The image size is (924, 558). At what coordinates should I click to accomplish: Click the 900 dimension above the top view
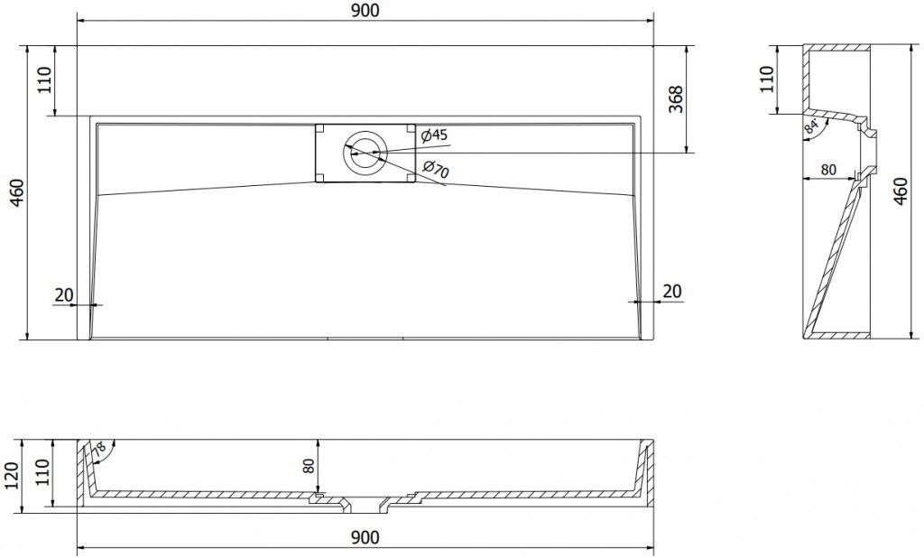365,11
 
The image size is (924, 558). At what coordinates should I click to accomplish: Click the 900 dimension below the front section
365,537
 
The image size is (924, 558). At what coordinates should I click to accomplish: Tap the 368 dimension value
677,99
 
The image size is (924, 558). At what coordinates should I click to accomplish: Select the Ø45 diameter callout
435,135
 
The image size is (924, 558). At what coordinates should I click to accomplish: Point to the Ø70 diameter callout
436,169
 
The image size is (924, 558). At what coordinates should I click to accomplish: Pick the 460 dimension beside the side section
901,191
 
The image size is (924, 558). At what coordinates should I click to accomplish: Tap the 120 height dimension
12,476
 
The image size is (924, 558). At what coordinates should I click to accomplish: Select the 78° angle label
99,450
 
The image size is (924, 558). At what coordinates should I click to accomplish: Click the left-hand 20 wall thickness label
64,294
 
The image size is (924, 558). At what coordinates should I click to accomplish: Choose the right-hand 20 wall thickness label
671,291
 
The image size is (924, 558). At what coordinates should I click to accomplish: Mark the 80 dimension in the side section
828,169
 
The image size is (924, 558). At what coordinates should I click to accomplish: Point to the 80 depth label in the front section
310,466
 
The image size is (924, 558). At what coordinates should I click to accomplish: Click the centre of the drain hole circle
365,153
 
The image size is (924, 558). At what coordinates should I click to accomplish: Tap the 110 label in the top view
46,80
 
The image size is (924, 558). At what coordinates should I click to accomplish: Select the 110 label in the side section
766,79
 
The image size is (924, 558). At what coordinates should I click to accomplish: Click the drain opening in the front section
365,505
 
